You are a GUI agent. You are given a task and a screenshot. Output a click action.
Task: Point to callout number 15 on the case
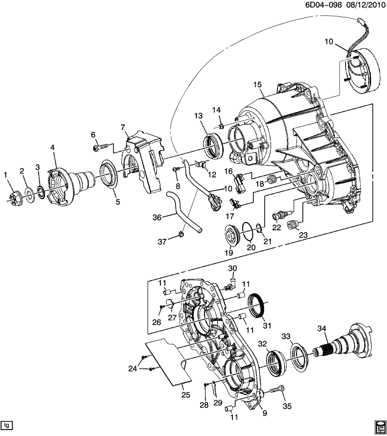pyautogui.click(x=258, y=85)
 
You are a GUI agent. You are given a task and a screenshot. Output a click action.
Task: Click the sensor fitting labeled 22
pyautogui.click(x=279, y=213)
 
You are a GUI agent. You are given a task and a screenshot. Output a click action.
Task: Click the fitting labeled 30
pyautogui.click(x=231, y=284)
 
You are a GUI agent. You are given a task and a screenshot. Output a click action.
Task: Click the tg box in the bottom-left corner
pyautogui.click(x=7, y=426)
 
